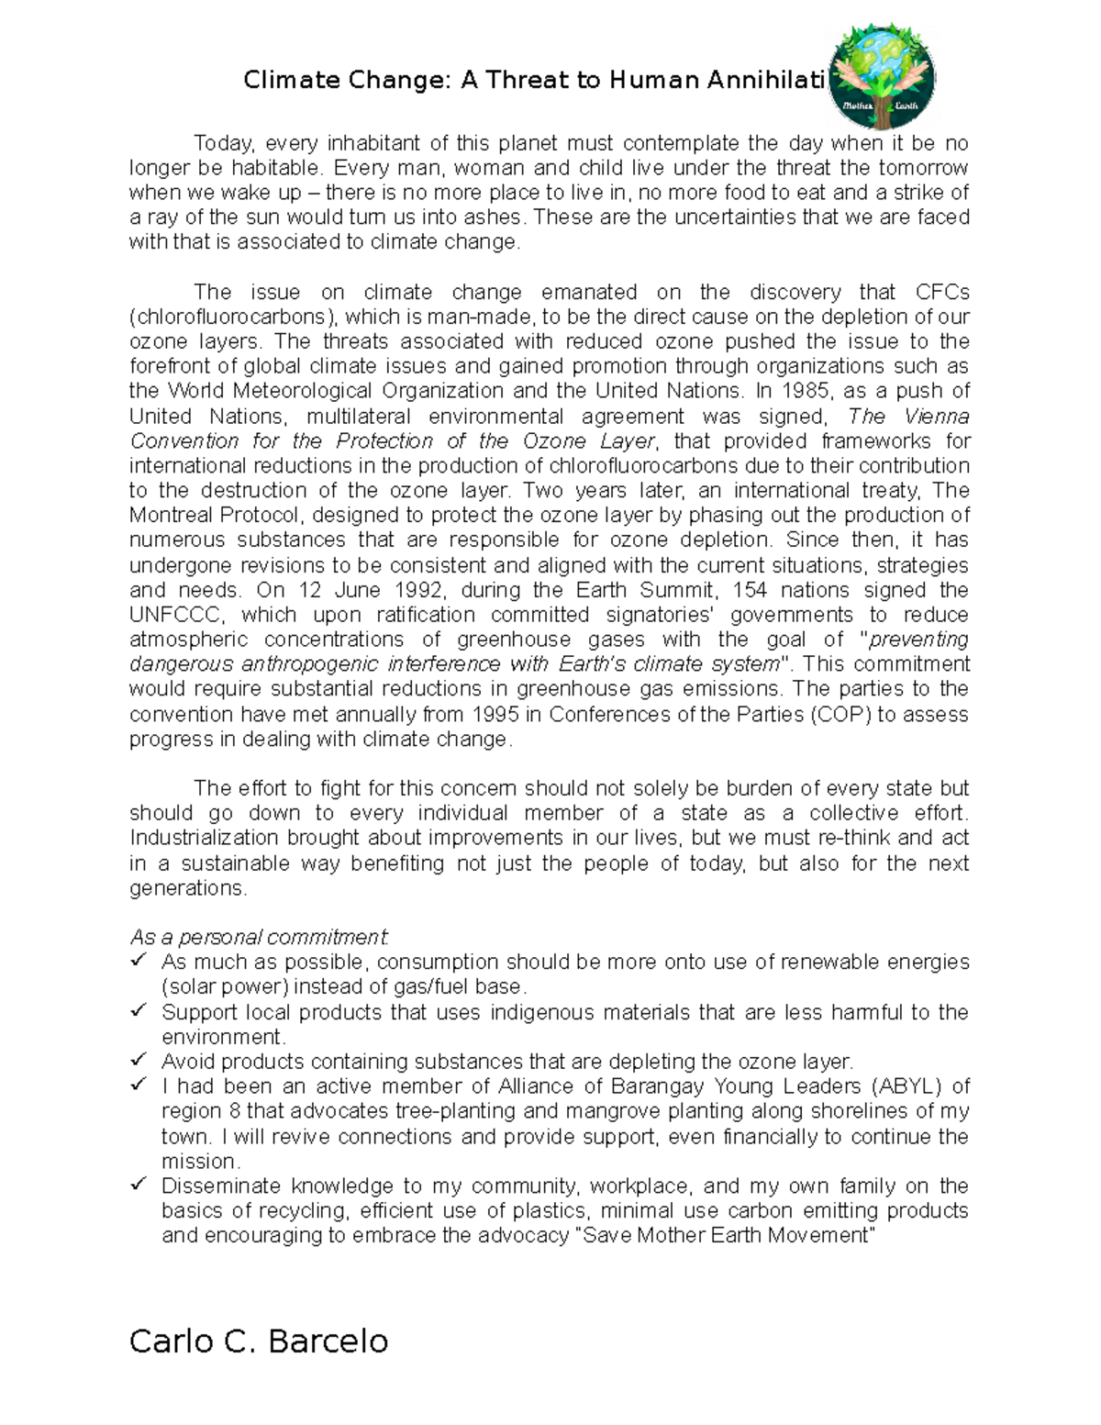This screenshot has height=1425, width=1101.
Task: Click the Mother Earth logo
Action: tap(881, 78)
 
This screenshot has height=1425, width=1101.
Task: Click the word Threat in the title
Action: tap(527, 81)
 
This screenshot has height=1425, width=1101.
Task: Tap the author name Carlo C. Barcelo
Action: tap(259, 1341)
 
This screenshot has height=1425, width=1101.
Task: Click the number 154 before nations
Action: tap(750, 589)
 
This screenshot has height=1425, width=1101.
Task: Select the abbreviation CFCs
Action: tap(942, 292)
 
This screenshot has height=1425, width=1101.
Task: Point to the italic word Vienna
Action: tap(936, 416)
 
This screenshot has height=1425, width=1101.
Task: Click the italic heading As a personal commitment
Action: tap(260, 937)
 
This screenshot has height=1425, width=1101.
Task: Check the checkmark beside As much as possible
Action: tap(139, 960)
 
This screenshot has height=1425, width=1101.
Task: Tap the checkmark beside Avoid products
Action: tap(139, 1059)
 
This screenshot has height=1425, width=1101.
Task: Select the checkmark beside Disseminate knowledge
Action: tap(139, 1184)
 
